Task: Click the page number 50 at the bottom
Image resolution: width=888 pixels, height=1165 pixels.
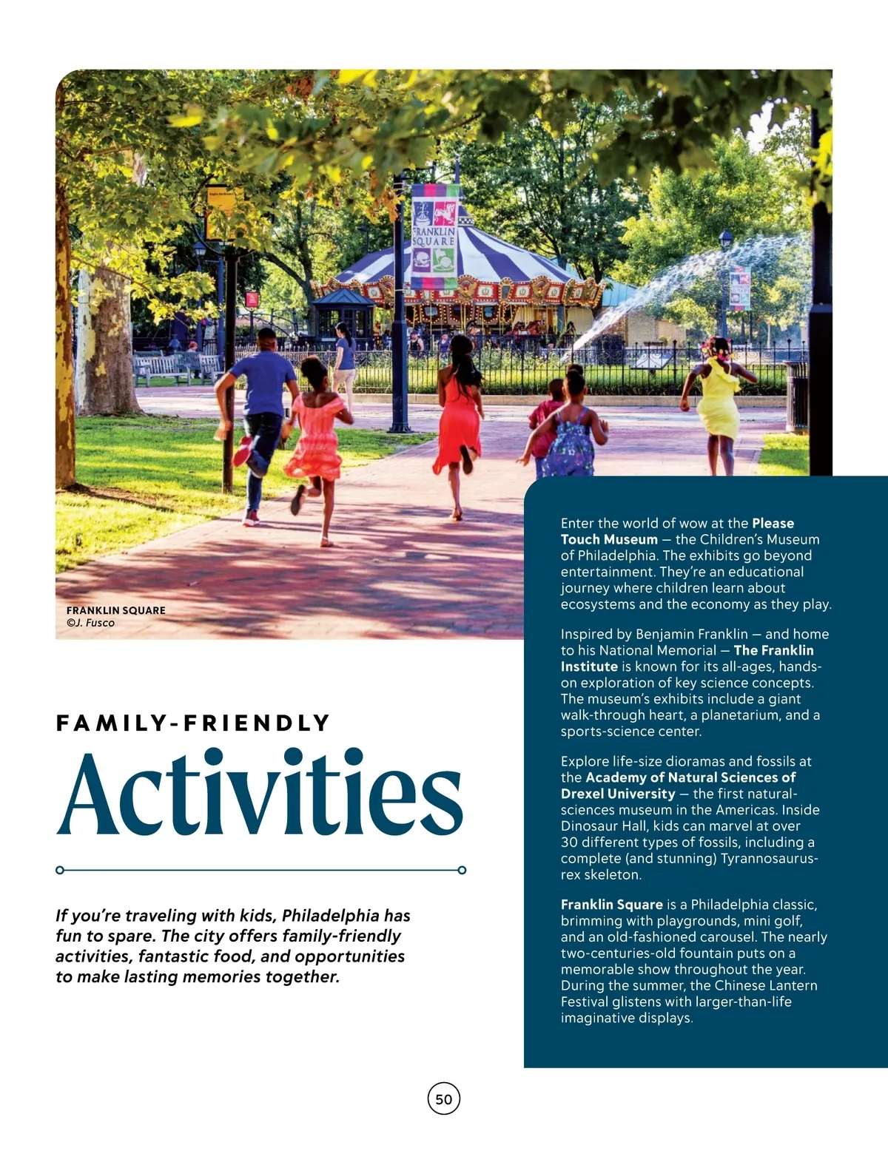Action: [444, 1099]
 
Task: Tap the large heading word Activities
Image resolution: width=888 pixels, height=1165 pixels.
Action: [260, 794]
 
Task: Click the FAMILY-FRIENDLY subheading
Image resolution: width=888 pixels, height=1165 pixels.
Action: [192, 723]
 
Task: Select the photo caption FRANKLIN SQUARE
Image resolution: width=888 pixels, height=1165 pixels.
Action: [116, 610]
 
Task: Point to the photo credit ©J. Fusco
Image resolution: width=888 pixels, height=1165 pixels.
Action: [90, 623]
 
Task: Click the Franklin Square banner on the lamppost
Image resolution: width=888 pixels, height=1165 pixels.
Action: [434, 237]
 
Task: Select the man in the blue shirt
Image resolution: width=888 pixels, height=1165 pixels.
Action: [259, 414]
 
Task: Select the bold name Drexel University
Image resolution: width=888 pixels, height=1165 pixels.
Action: [618, 794]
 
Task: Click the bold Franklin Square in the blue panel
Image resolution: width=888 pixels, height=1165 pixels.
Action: [611, 905]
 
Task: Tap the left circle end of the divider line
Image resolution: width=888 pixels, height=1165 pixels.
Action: [60, 870]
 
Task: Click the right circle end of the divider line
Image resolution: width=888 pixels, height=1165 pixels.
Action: [462, 870]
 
